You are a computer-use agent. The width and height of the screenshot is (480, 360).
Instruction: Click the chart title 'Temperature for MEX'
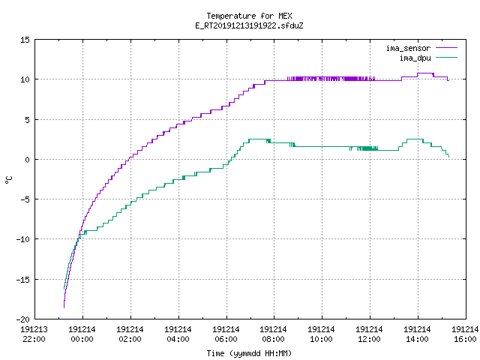(x=249, y=16)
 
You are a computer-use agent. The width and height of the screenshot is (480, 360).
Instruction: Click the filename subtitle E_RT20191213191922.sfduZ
(x=249, y=25)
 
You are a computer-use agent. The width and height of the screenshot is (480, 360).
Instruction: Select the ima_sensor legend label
(x=408, y=48)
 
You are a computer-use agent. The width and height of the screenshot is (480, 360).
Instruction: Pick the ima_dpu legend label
(x=415, y=58)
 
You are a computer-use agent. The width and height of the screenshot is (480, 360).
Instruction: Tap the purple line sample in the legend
(x=447, y=48)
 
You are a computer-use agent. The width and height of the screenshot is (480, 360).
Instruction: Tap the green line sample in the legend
(x=447, y=58)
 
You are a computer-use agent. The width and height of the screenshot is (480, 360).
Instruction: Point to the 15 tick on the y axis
(x=25, y=40)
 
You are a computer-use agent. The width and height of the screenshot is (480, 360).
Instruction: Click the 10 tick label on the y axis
(x=25, y=79)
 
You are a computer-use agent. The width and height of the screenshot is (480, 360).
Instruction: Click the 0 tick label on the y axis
(x=28, y=160)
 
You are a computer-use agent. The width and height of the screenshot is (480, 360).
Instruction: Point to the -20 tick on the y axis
(x=23, y=319)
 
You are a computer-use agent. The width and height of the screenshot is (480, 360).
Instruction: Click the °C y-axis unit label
(x=8, y=180)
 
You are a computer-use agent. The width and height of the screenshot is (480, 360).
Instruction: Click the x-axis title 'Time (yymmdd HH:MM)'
(x=249, y=353)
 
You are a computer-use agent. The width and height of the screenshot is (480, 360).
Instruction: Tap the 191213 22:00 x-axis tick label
(x=34, y=334)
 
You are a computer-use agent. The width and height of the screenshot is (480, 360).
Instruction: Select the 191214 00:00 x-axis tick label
(x=82, y=334)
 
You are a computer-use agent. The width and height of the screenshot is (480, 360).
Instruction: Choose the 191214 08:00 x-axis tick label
(x=273, y=334)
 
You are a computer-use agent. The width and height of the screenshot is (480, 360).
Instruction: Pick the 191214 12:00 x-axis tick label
(x=369, y=334)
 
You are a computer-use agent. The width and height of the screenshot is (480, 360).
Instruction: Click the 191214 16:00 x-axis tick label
(x=465, y=334)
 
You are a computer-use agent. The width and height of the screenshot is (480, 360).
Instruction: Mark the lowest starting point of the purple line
(x=64, y=307)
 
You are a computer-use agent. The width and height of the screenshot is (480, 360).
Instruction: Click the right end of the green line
(x=448, y=157)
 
